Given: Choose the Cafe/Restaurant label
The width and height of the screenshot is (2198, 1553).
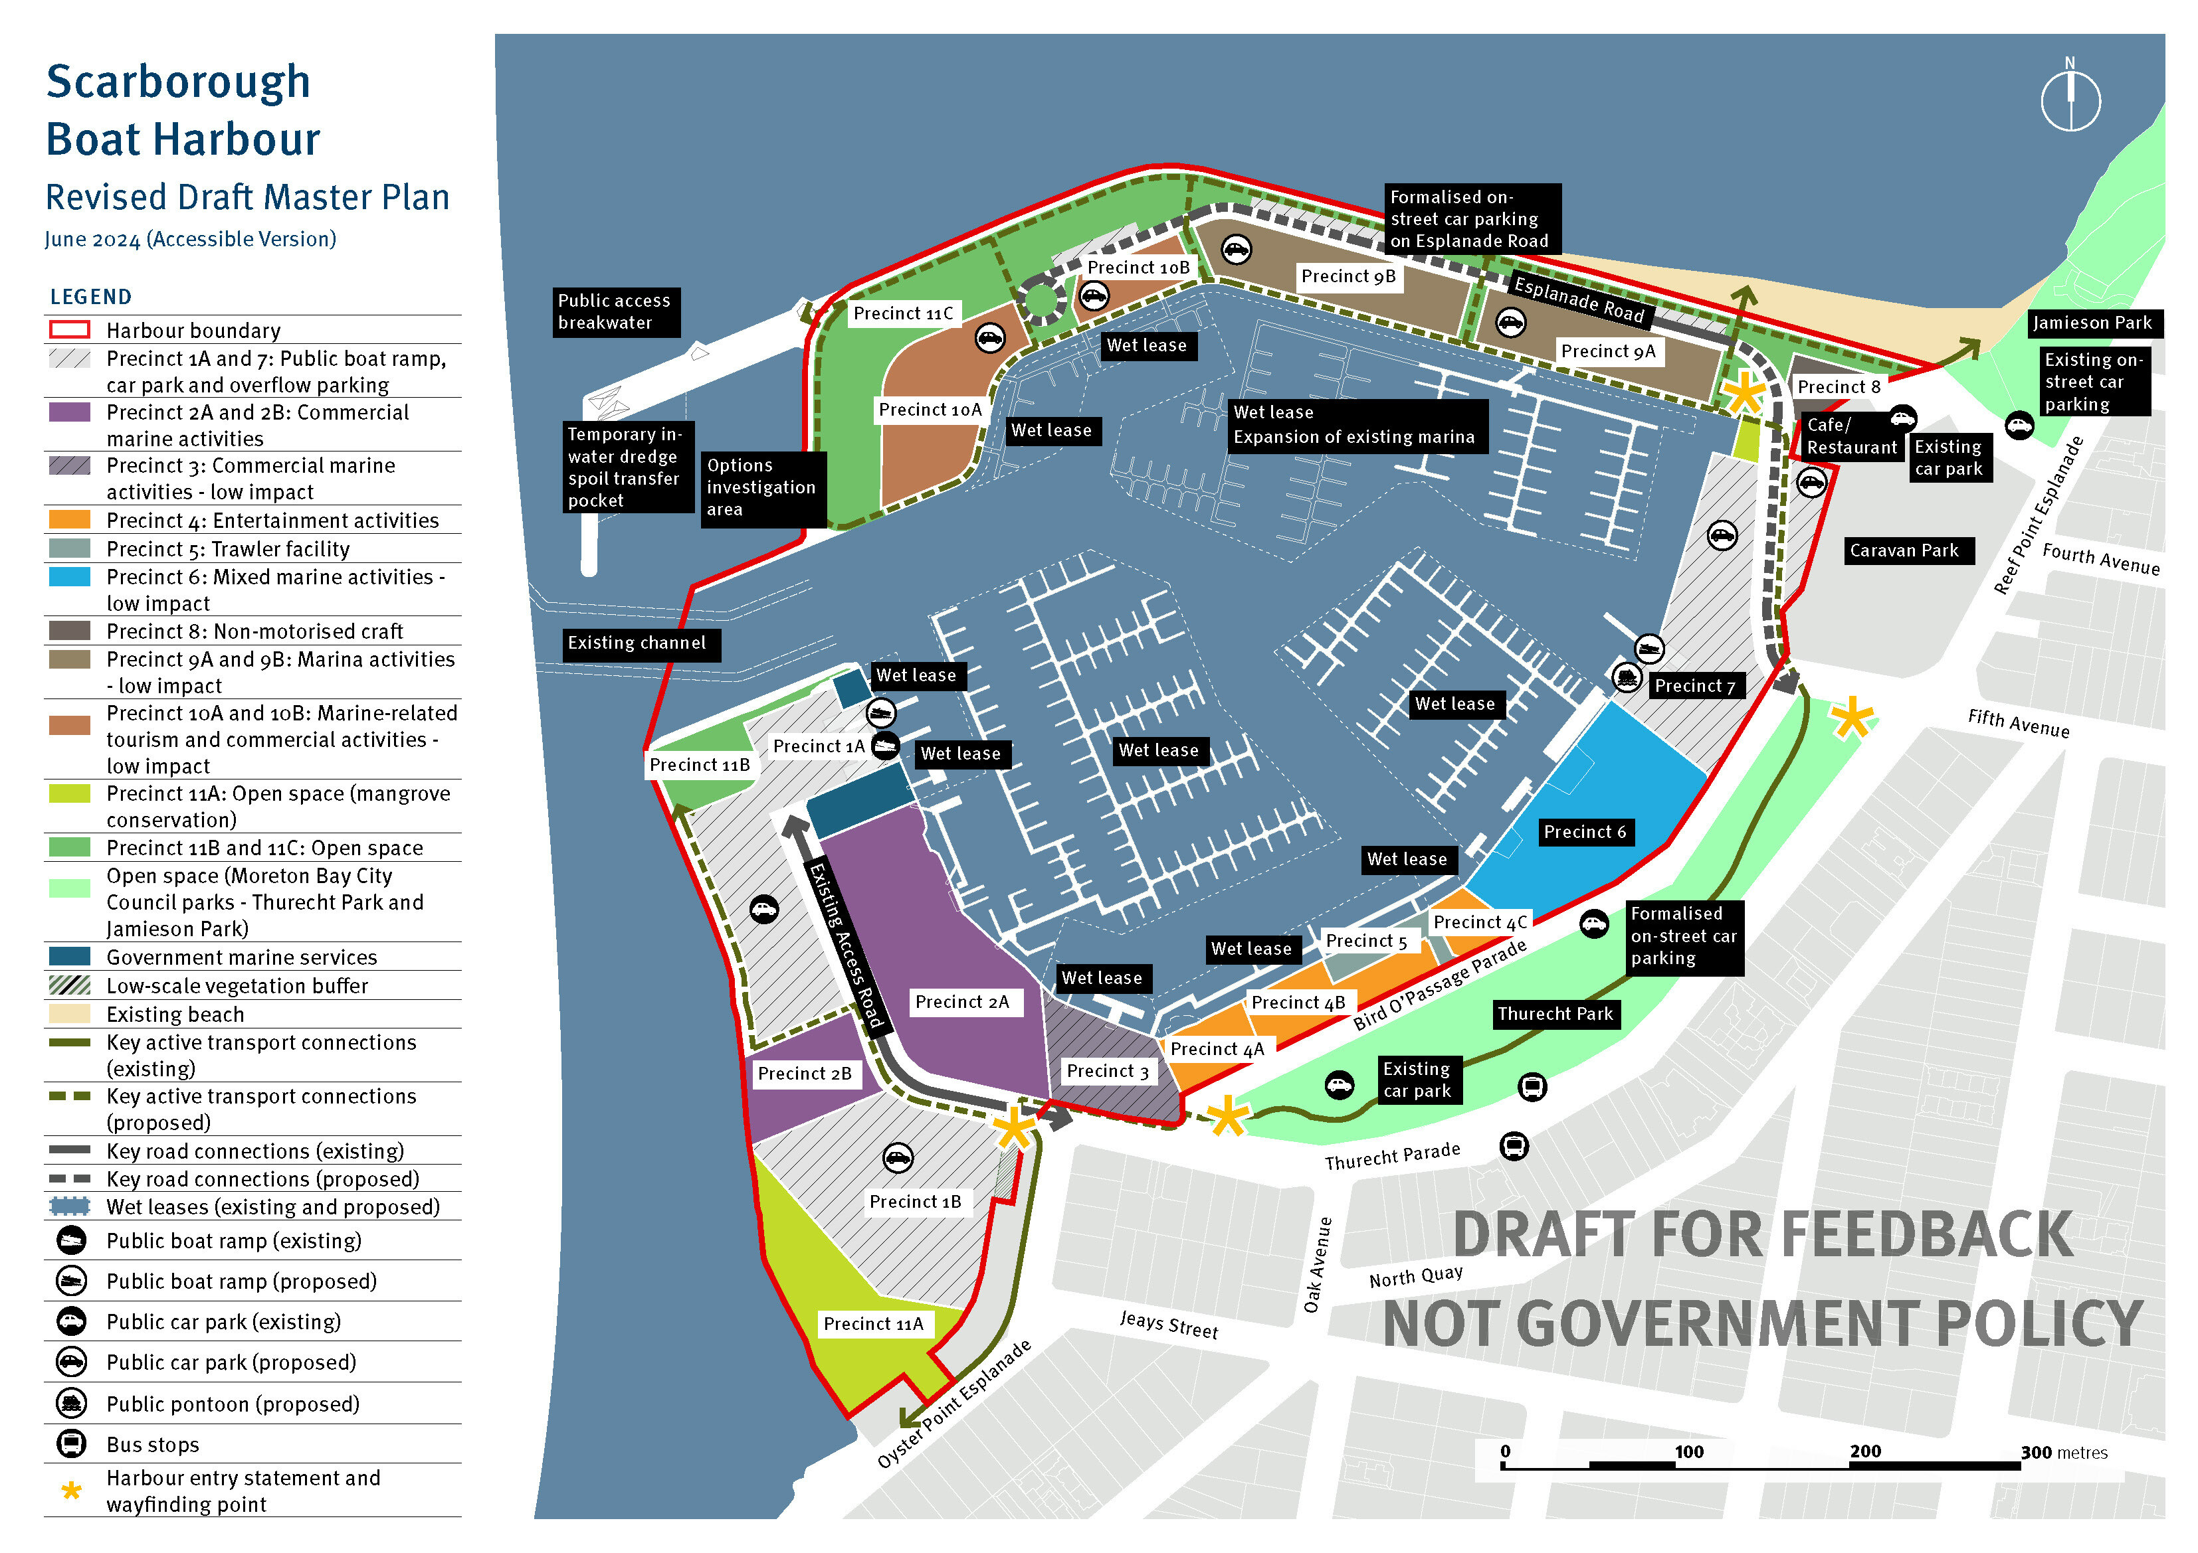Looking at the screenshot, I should [x=1850, y=436].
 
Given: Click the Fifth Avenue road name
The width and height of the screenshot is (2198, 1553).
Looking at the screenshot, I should [x=2018, y=724].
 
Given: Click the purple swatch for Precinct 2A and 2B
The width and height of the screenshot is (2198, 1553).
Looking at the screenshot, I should [x=70, y=412].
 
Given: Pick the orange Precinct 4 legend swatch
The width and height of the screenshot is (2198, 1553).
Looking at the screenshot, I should [x=70, y=521].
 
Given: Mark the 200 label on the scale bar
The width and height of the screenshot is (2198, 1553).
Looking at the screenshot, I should [x=1865, y=1451].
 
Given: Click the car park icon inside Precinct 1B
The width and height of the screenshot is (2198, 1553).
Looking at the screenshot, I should [x=897, y=1158].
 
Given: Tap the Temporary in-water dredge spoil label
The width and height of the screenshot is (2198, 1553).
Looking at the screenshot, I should [x=624, y=467].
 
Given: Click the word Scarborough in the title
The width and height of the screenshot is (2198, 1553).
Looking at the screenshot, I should [x=178, y=81].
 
